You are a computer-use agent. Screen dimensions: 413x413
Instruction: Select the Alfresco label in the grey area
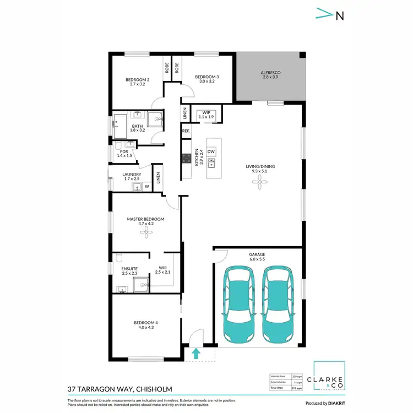tap(270, 73)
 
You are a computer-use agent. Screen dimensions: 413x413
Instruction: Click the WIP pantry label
tap(206, 113)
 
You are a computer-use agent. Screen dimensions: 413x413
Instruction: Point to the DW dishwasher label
tap(211, 151)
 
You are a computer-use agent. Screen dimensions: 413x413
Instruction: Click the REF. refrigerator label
tap(186, 131)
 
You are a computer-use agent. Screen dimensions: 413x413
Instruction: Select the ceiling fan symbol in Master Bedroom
tap(145, 233)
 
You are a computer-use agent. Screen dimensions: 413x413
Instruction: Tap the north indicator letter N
tap(340, 16)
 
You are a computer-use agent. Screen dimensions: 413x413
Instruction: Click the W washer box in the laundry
tap(146, 187)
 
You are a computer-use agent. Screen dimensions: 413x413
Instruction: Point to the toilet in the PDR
tap(118, 146)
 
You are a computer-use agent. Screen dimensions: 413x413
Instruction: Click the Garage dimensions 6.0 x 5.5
tap(257, 259)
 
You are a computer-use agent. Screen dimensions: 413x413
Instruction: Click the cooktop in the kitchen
tap(186, 159)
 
